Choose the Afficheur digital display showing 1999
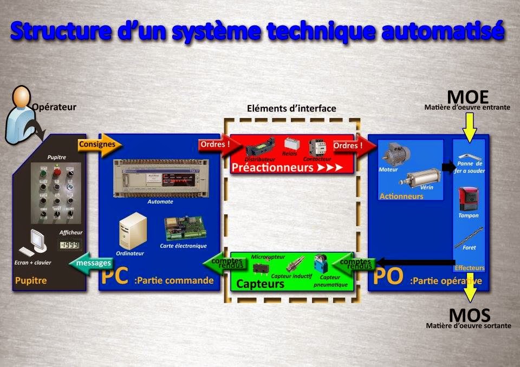click(x=69, y=245)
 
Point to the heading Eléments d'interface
click(x=291, y=108)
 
